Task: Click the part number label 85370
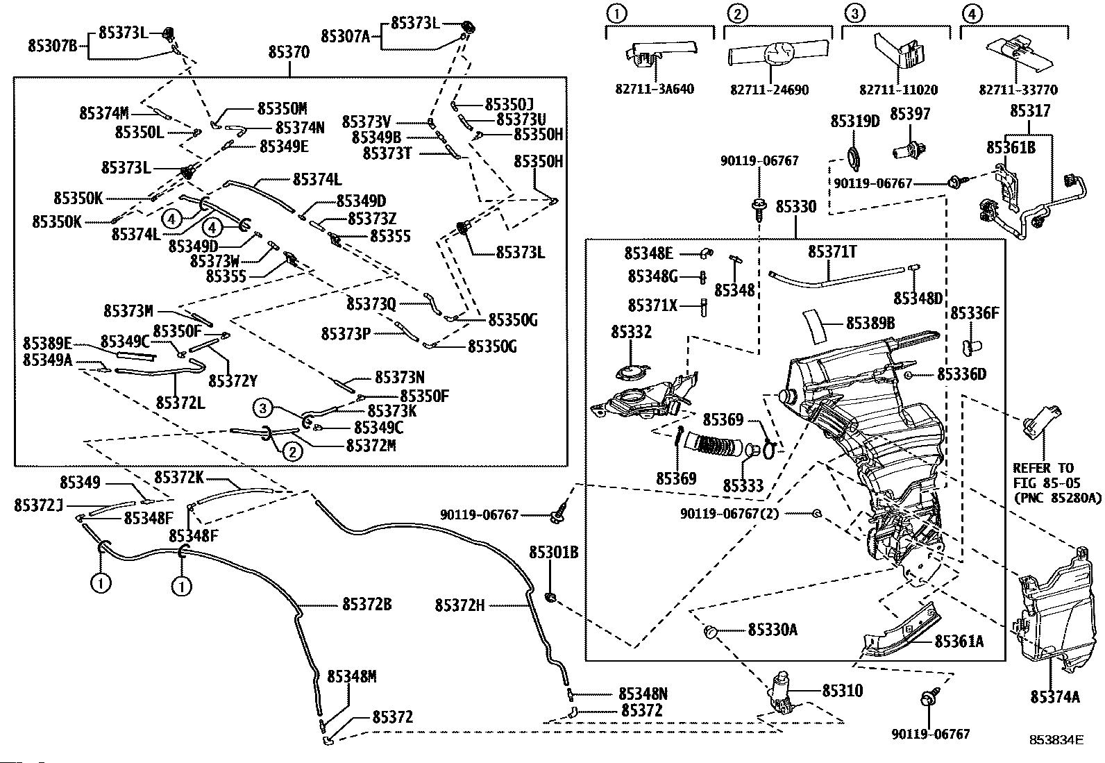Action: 289,52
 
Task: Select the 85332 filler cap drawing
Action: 632,372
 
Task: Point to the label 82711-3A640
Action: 655,90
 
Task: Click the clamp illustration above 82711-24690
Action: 778,53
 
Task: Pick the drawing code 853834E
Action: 1056,740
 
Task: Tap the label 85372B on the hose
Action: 367,605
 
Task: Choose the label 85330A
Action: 773,630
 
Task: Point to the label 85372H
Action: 459,605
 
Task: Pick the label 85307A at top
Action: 346,36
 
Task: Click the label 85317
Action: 1029,111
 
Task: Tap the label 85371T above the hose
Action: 832,252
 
